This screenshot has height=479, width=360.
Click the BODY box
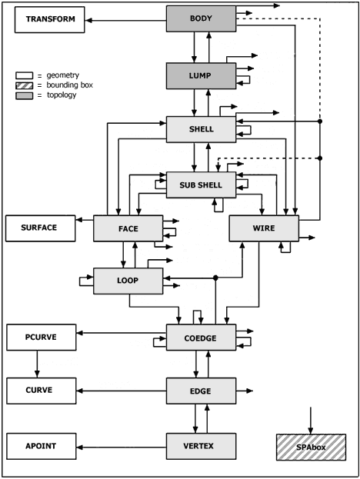201,18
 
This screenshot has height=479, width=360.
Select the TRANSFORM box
50,19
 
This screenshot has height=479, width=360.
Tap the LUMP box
201,76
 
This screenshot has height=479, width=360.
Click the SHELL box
201,129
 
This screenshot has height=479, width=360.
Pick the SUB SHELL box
201,185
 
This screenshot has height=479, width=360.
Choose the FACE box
128,228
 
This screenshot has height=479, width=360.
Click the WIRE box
264,228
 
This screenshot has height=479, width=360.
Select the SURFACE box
40,228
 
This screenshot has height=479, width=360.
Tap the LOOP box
128,281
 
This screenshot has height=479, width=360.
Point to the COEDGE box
201,338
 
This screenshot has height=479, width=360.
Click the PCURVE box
42,338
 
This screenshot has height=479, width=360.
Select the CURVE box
42,391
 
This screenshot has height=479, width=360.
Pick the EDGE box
201,391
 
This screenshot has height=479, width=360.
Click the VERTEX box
201,446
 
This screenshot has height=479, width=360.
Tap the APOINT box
42,446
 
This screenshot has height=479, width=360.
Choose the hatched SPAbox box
311,447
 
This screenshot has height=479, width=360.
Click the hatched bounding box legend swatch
24,85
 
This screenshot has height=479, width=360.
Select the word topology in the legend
62,95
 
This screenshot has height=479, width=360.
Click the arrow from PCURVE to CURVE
37,364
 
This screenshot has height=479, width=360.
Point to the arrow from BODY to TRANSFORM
125,21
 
